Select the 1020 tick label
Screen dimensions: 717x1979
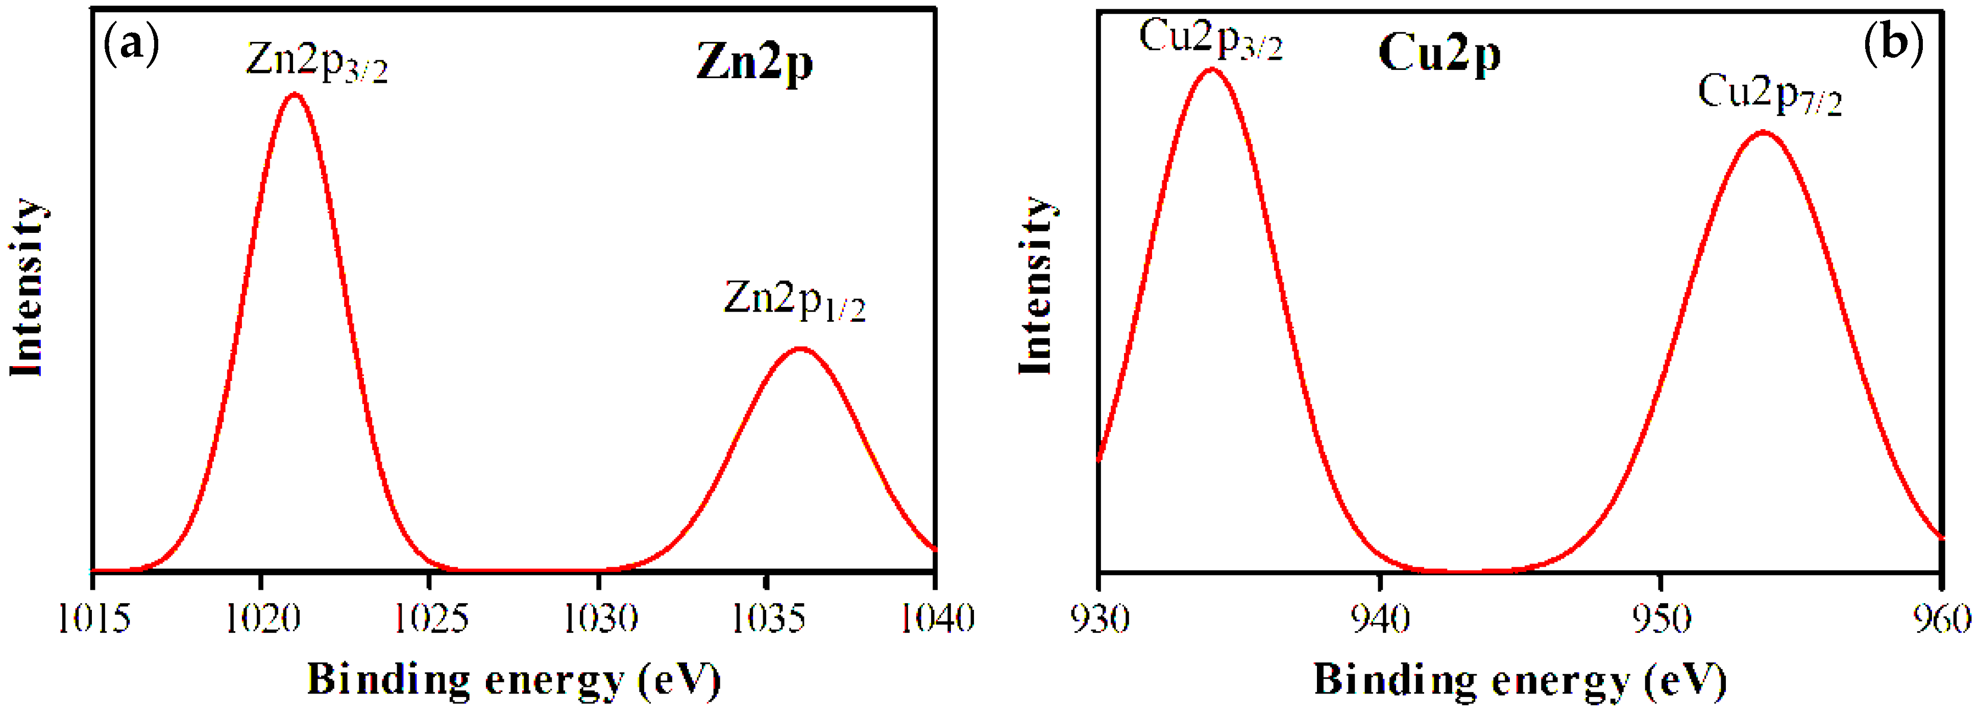coord(262,618)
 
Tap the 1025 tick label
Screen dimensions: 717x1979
coord(430,618)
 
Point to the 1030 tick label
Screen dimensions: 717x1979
coord(599,618)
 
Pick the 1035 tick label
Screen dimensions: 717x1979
coord(768,618)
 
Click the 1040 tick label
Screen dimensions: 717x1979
coord(937,618)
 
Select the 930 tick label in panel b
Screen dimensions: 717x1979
coord(1100,618)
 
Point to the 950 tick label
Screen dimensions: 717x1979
coord(1661,618)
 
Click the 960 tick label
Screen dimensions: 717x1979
coord(1941,618)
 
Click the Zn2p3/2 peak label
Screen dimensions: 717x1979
coord(316,61)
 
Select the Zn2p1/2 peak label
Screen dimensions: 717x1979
coord(794,301)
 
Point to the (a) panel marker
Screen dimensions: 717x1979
coord(131,44)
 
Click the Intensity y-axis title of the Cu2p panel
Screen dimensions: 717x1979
coord(1036,286)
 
